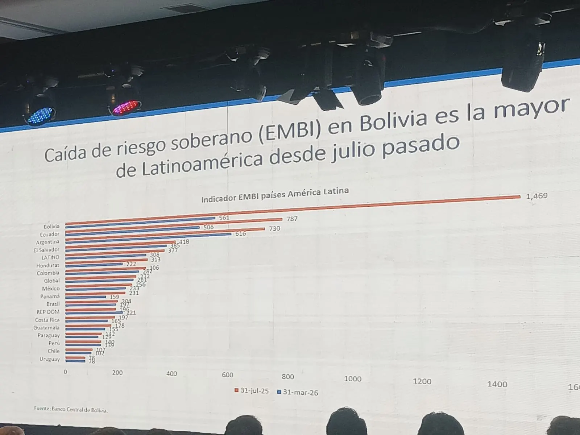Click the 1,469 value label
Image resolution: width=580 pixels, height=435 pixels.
pyautogui.click(x=536, y=196)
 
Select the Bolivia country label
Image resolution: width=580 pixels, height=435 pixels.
pyautogui.click(x=51, y=226)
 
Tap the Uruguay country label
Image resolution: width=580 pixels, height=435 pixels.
pyautogui.click(x=50, y=359)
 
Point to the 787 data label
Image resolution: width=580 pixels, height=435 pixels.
pyautogui.click(x=292, y=219)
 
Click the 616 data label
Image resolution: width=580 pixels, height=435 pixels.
pyautogui.click(x=240, y=234)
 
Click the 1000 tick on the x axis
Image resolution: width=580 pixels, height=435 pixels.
pyautogui.click(x=353, y=379)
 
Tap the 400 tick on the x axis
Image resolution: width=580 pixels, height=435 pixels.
pyautogui.click(x=171, y=374)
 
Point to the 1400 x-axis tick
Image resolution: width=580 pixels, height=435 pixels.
pyautogui.click(x=497, y=384)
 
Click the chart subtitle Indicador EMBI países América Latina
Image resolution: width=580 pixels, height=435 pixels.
pyautogui.click(x=275, y=195)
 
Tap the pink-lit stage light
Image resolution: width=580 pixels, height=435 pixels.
pyautogui.click(x=125, y=108)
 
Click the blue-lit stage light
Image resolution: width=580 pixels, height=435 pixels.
pyautogui.click(x=40, y=115)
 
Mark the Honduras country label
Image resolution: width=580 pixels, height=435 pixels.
pyautogui.click(x=48, y=265)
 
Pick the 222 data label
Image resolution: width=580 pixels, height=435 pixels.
pyautogui.click(x=131, y=264)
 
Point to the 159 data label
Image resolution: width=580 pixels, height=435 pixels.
pyautogui.click(x=114, y=297)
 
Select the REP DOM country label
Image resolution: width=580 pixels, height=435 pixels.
pyautogui.click(x=48, y=312)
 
